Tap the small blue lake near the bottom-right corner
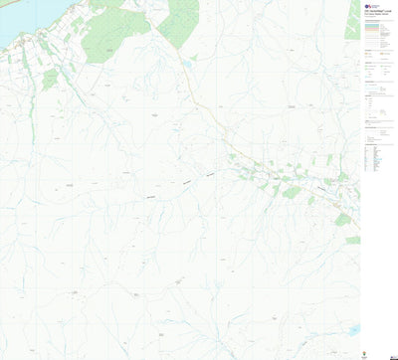click(x=354, y=328)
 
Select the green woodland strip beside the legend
click(x=352, y=20)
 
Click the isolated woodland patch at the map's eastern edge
click(x=352, y=240)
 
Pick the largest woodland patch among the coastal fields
click(x=50, y=75)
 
